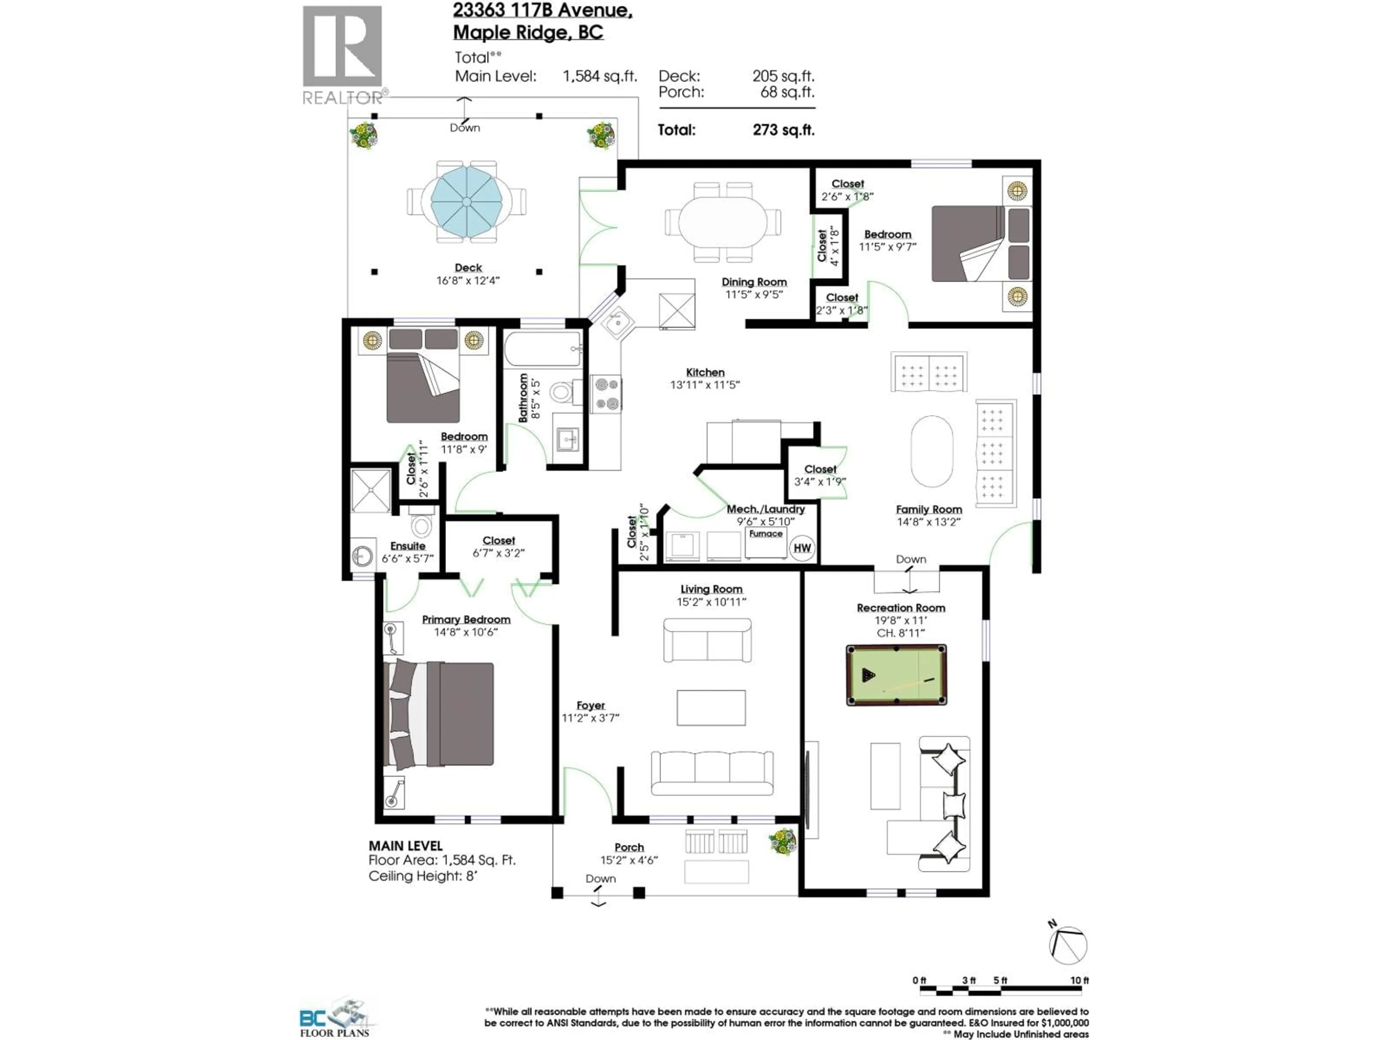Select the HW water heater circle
tap(802, 548)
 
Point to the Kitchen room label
tap(705, 372)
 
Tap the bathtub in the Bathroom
tap(543, 349)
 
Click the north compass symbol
tap(1067, 945)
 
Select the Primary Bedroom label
tap(466, 619)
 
